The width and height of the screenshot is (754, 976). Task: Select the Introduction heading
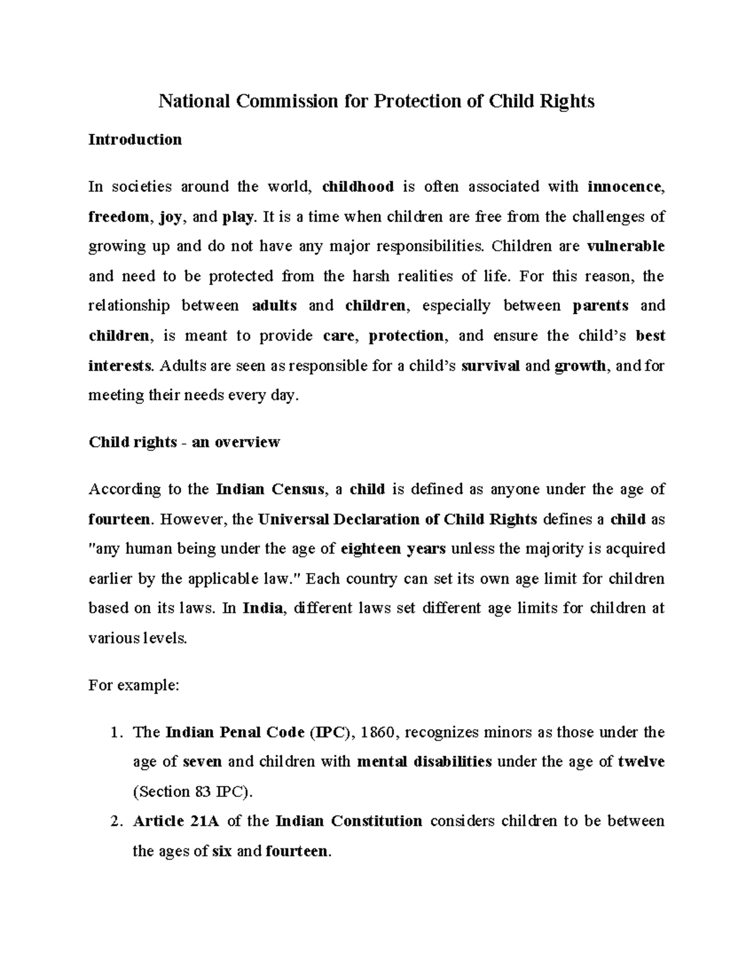point(135,140)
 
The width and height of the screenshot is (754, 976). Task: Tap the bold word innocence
point(624,187)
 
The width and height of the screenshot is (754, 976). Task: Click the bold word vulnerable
point(625,246)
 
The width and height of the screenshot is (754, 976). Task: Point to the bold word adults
point(274,306)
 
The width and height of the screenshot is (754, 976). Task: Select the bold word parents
point(600,306)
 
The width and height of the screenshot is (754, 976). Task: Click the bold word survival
point(490,366)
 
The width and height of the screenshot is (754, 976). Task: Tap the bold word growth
point(581,366)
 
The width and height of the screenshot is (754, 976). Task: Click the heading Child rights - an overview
point(184,442)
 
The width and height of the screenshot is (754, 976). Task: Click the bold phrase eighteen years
point(393,549)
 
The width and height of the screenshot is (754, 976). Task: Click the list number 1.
point(114,732)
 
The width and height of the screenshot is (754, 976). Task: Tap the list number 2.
point(114,821)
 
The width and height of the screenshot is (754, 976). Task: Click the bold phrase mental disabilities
point(424,762)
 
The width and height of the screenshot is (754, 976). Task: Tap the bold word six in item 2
point(222,852)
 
